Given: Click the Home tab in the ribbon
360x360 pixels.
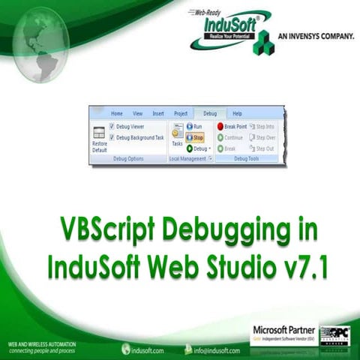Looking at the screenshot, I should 117,113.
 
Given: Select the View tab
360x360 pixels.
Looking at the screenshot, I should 137,113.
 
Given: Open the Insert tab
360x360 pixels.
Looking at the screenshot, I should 158,113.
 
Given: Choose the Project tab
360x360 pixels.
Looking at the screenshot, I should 181,113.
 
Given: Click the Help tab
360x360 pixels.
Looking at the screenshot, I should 237,113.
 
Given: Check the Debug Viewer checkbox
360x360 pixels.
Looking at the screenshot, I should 112,126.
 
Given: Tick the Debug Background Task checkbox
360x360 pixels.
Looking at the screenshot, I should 112,138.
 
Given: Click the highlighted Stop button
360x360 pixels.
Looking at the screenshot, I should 195,138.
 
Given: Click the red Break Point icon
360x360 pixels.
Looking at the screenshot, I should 220,127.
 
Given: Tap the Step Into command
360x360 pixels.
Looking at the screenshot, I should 262,127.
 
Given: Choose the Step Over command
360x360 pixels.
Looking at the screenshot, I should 262,138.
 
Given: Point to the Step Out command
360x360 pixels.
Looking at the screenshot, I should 262,148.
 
